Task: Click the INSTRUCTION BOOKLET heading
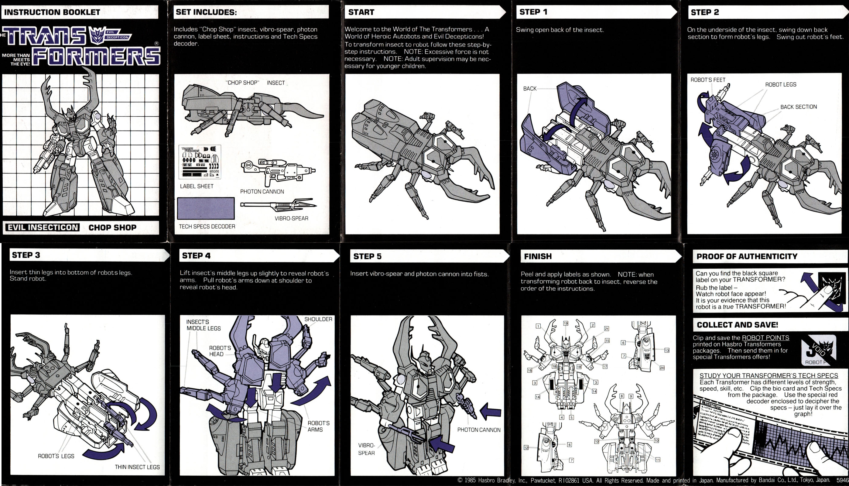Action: (52, 12)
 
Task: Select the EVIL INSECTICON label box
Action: (43, 228)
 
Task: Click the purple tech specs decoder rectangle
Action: (206, 208)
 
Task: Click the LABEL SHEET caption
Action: (197, 186)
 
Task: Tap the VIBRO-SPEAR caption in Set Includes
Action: (291, 218)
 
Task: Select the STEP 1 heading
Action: (533, 12)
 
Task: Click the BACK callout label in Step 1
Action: (530, 88)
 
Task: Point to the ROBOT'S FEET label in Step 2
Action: (708, 80)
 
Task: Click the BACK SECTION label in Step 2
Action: (798, 107)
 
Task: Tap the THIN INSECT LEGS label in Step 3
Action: (137, 467)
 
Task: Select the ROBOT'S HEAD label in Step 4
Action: (220, 351)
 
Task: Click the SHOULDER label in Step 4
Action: (318, 319)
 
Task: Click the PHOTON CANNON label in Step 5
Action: (478, 430)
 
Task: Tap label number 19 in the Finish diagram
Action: (566, 323)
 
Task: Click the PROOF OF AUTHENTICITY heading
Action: (747, 256)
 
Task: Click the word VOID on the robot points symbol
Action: (819, 350)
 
